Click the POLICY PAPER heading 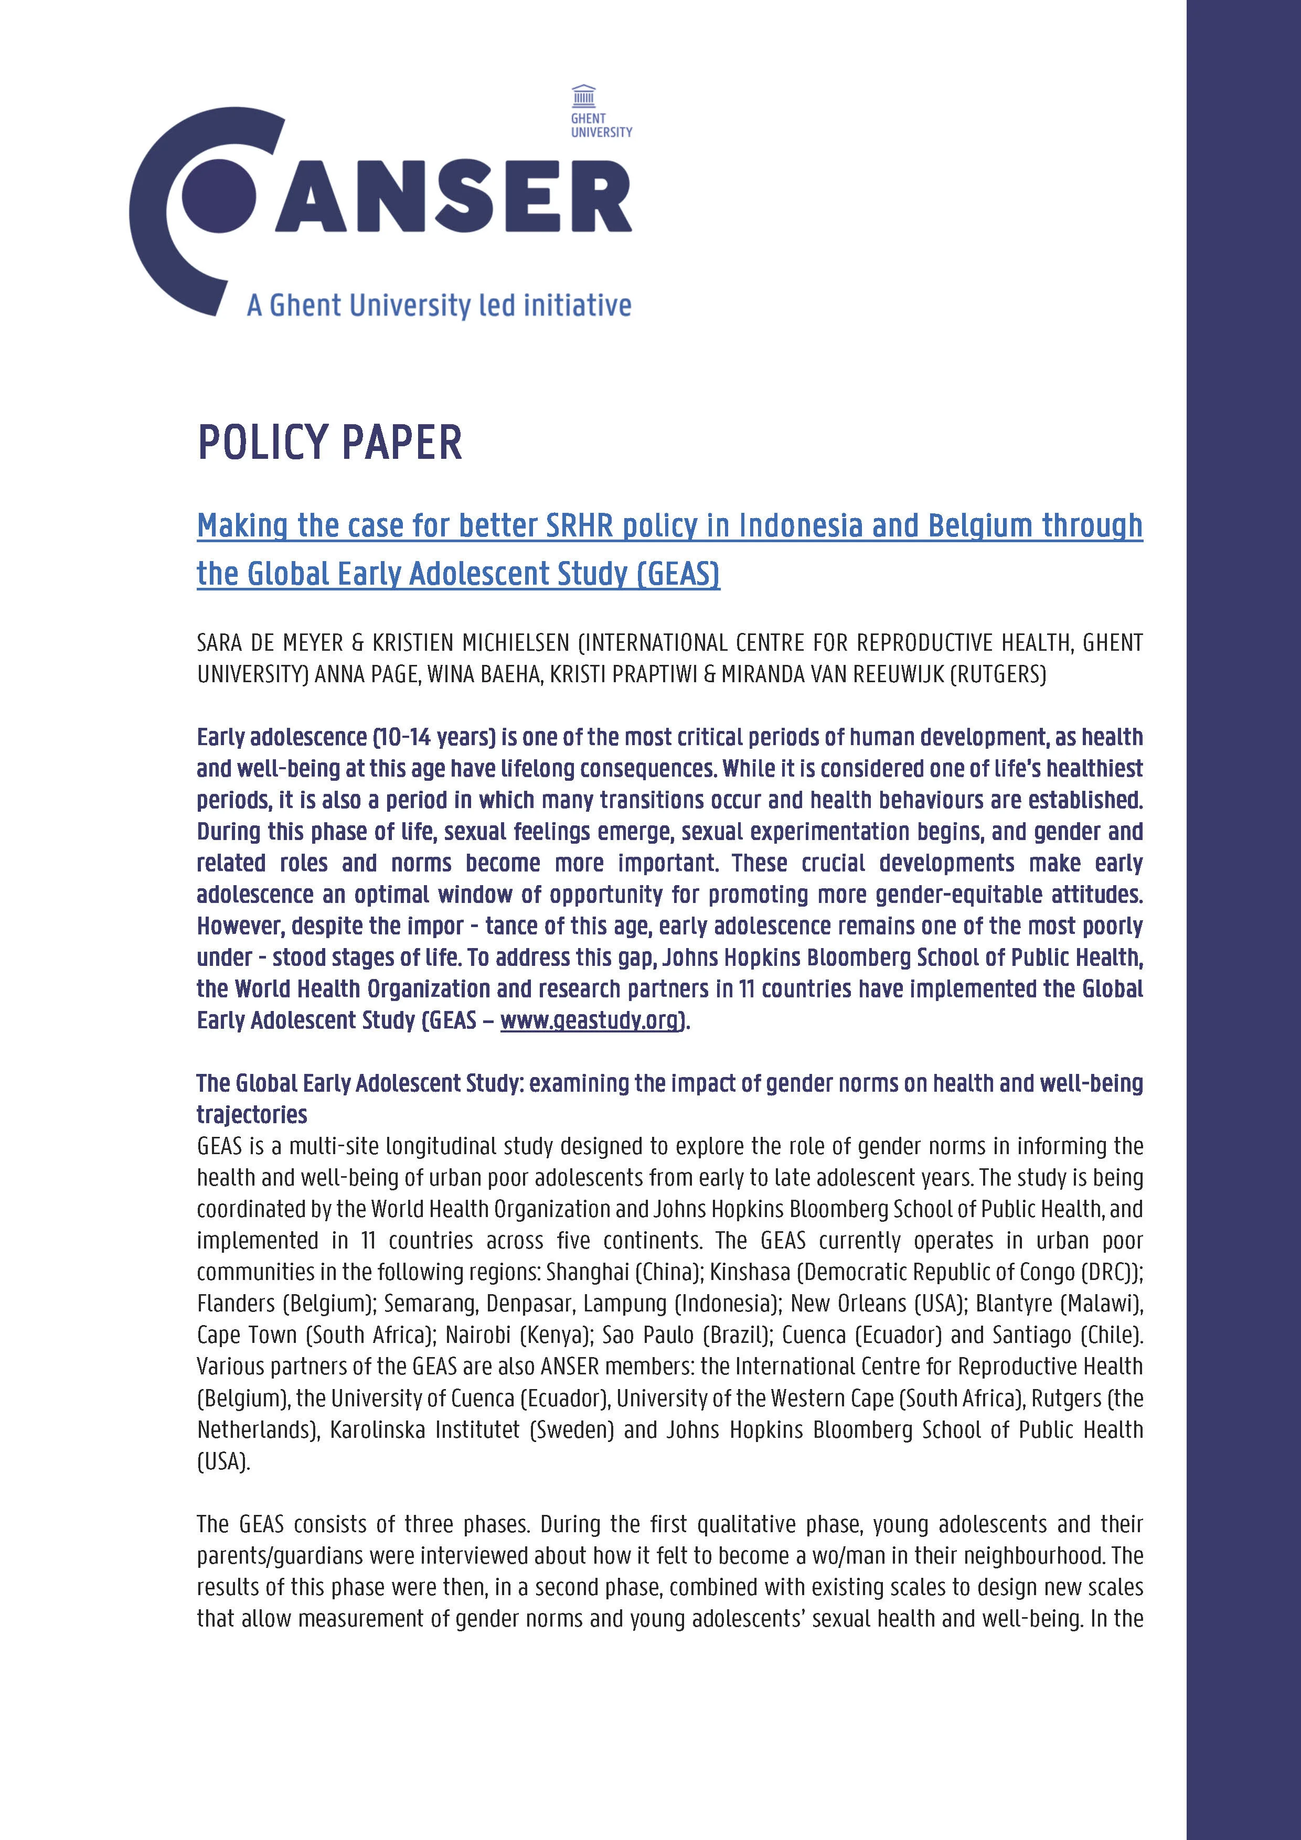pyautogui.click(x=329, y=443)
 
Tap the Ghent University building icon pyautogui.click(x=583, y=96)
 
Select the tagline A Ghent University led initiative pyautogui.click(x=439, y=305)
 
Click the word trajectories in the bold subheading pyautogui.click(x=252, y=1115)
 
